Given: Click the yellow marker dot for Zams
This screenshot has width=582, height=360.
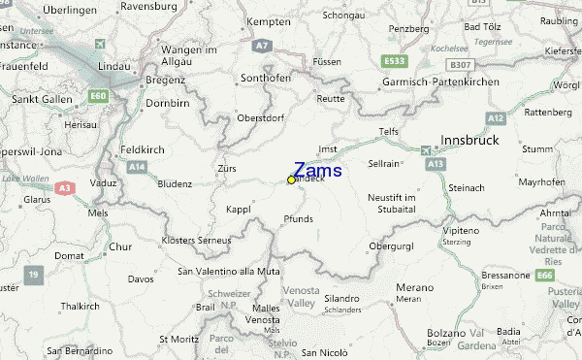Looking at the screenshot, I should tap(291, 180).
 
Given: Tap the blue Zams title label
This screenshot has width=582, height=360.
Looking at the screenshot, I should tap(317, 169).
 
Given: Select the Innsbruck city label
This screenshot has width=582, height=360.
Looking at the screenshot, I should tap(469, 141).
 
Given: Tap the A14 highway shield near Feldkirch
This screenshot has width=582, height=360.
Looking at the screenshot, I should tap(136, 167).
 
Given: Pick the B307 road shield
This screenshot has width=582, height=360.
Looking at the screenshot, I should tap(461, 64).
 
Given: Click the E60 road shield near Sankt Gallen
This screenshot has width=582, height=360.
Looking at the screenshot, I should tap(97, 95).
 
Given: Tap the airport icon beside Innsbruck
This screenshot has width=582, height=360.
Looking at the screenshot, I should tap(427, 149).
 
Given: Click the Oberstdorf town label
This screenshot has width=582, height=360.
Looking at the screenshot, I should tap(263, 119).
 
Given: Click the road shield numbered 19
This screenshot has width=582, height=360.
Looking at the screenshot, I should tap(34, 275).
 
